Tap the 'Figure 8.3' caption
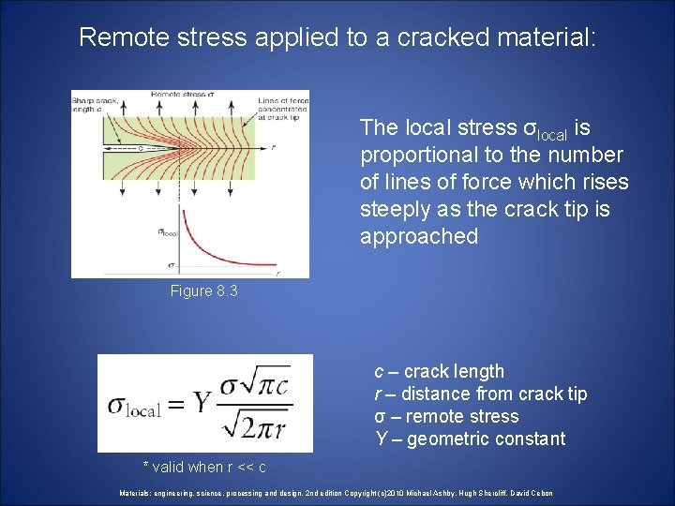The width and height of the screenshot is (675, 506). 203,291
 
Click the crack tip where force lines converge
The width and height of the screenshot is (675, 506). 177,147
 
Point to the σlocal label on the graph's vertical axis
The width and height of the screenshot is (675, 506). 169,232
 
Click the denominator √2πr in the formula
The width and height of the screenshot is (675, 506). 256,425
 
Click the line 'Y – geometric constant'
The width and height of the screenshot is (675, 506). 470,439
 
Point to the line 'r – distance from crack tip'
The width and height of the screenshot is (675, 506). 481,394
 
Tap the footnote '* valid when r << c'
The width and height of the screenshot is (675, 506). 203,468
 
